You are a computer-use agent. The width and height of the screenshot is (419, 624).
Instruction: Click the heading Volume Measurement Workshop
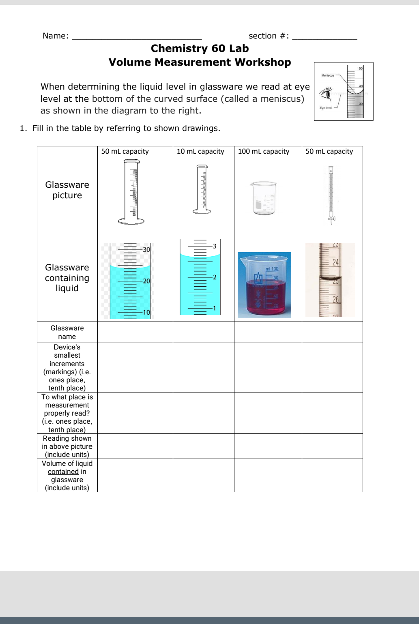[200, 62]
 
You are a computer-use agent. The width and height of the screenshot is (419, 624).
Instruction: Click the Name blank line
[136, 37]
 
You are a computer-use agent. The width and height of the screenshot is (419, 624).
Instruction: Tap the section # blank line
[324, 37]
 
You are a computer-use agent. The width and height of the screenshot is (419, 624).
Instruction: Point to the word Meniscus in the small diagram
[327, 75]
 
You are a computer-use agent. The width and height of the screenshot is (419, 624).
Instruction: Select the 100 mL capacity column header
[264, 152]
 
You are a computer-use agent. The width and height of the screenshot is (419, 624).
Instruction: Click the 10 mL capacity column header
[200, 152]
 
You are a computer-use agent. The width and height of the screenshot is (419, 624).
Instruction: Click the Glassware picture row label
[67, 190]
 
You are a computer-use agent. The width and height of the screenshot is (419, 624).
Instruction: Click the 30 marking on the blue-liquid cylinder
[146, 250]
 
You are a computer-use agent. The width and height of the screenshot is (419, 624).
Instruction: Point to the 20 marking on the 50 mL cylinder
[146, 281]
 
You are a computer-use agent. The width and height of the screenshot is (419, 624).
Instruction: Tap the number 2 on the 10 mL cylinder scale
[215, 277]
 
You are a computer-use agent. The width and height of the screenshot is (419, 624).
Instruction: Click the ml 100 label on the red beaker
[272, 269]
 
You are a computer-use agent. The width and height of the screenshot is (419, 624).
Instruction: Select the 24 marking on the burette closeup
[335, 262]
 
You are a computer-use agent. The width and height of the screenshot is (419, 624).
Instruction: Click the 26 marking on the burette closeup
[335, 300]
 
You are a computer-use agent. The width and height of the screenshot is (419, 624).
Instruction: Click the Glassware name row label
[67, 332]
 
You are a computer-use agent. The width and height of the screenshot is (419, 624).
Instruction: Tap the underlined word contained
[63, 472]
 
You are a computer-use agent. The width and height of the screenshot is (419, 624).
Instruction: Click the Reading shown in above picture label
[67, 446]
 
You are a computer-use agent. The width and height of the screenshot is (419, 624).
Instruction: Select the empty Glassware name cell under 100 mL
[268, 332]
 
